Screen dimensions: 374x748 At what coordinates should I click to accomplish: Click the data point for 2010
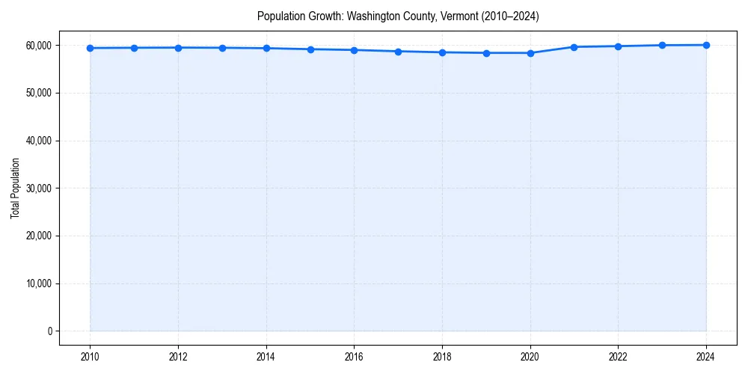click(x=90, y=48)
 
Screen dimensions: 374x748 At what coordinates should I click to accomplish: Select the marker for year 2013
click(x=222, y=48)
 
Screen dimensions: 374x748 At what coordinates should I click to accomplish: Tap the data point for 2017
click(x=398, y=52)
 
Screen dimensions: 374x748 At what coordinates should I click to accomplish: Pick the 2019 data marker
click(x=486, y=53)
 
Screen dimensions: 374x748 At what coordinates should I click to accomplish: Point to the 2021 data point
click(x=574, y=47)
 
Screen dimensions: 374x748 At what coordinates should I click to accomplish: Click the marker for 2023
click(x=662, y=45)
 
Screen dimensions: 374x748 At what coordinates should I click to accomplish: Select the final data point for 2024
click(x=706, y=45)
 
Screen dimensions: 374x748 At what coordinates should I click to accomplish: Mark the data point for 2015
click(x=310, y=49)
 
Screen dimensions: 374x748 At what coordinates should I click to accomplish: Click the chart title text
click(x=397, y=16)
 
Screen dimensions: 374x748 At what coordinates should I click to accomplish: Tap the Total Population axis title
click(x=16, y=188)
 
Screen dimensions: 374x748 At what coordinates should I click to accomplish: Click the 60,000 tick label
click(x=38, y=46)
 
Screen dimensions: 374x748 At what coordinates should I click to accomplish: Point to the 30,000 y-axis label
click(x=38, y=188)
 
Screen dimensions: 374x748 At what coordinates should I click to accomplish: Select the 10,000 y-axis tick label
click(x=38, y=283)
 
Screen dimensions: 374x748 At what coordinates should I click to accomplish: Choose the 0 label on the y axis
click(x=49, y=331)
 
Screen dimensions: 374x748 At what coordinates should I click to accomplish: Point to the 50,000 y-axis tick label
click(x=38, y=93)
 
